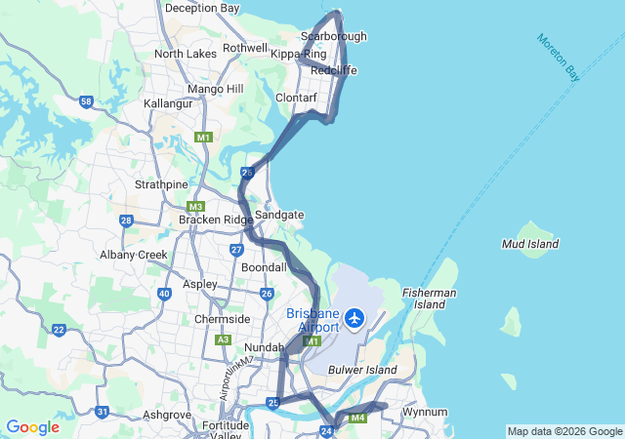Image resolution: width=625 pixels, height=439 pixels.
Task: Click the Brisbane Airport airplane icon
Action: click(x=354, y=318)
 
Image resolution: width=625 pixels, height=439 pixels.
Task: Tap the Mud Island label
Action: click(x=529, y=243)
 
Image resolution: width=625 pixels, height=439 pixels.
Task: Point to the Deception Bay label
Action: click(x=202, y=8)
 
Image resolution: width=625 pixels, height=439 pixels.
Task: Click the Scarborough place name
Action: click(x=334, y=37)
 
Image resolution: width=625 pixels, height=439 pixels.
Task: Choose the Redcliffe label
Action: click(x=334, y=71)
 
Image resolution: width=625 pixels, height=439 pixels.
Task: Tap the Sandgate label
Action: click(x=279, y=215)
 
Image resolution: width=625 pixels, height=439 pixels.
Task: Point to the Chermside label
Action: click(x=222, y=319)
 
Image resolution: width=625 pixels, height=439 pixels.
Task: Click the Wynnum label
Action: click(x=425, y=412)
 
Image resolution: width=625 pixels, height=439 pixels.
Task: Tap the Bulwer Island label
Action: click(x=362, y=371)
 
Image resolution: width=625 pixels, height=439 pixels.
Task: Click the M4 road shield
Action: click(x=357, y=419)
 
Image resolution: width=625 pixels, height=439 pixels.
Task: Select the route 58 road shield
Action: click(x=87, y=101)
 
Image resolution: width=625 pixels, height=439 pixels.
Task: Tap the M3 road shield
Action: click(x=195, y=206)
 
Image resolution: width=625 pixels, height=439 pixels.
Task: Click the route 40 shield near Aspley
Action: click(x=163, y=293)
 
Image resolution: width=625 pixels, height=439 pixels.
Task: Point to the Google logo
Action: click(x=32, y=427)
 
